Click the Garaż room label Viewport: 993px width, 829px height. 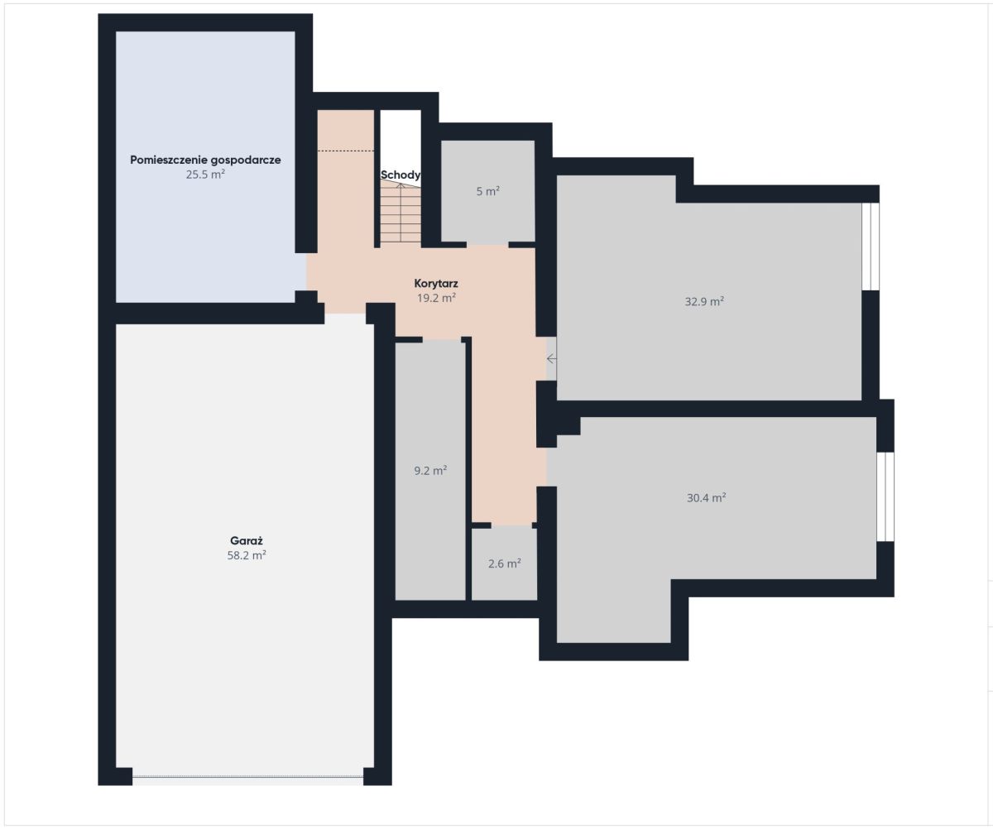pyautogui.click(x=247, y=540)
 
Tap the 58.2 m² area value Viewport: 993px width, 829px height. pyautogui.click(x=247, y=555)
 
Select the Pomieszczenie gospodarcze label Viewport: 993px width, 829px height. pyautogui.click(x=205, y=160)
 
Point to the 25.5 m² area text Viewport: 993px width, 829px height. pyautogui.click(x=205, y=174)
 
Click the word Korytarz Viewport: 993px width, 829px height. pyautogui.click(x=436, y=284)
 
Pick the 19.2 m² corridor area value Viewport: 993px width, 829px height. pyautogui.click(x=437, y=298)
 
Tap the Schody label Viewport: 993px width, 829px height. pyautogui.click(x=401, y=175)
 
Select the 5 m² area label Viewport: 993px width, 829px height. pyautogui.click(x=488, y=191)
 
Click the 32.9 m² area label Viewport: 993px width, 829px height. pyautogui.click(x=704, y=301)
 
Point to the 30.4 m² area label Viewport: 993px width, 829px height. pyautogui.click(x=706, y=497)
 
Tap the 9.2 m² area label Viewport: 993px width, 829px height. pyautogui.click(x=430, y=471)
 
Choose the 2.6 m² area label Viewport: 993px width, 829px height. pyautogui.click(x=505, y=563)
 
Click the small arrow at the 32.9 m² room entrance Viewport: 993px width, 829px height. pyautogui.click(x=552, y=358)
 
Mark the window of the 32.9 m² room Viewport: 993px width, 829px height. pyautogui.click(x=871, y=247)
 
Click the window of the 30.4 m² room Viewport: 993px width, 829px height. pyautogui.click(x=885, y=496)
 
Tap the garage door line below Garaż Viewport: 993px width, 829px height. pyautogui.click(x=247, y=697)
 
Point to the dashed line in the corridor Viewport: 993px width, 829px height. pyautogui.click(x=346, y=151)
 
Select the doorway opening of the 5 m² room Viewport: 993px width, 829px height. pyautogui.click(x=487, y=245)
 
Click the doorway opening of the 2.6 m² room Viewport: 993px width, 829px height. pyautogui.click(x=511, y=525)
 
